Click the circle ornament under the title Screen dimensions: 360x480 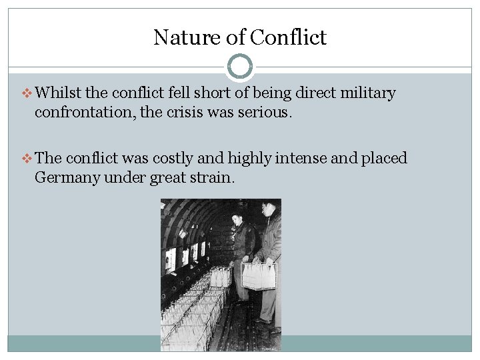click(240, 67)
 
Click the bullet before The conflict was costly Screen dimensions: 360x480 click(27, 159)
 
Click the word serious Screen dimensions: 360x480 click(267, 112)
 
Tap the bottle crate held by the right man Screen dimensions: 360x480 click(259, 275)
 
